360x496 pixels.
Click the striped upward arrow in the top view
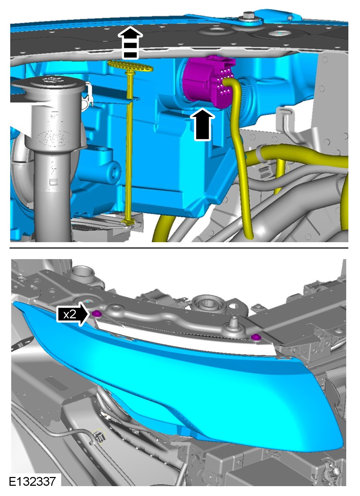coord(130,43)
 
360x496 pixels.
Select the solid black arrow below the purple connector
coord(202,124)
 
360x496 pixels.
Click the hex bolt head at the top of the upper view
coord(249,16)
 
